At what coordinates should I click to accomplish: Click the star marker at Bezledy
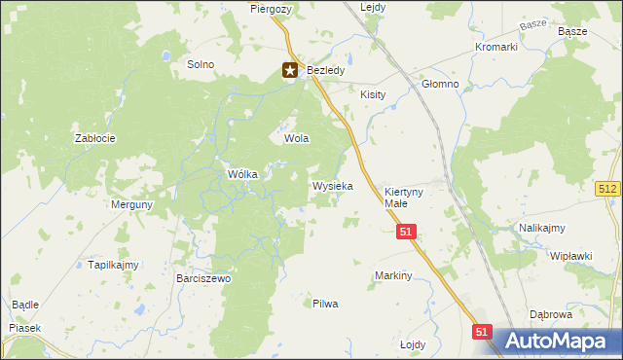[290, 70]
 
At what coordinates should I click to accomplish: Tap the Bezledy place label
[322, 71]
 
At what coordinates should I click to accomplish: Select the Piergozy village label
[270, 8]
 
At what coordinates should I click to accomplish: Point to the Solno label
[200, 64]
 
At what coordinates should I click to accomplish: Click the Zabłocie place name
[95, 138]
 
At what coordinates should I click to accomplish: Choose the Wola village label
[296, 138]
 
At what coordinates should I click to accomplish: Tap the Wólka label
[241, 174]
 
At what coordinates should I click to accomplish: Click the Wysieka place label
[332, 185]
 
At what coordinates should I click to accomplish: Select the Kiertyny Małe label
[403, 198]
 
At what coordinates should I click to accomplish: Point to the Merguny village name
[131, 205]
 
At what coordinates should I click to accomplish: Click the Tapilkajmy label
[114, 265]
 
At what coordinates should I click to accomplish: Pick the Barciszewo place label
[203, 278]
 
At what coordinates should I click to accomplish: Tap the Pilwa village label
[325, 304]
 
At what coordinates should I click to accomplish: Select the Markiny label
[394, 275]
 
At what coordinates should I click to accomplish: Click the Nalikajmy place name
[542, 228]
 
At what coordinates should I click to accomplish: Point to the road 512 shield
[608, 188]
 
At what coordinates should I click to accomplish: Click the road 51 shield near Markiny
[407, 231]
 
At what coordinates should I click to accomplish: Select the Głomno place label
[440, 84]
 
